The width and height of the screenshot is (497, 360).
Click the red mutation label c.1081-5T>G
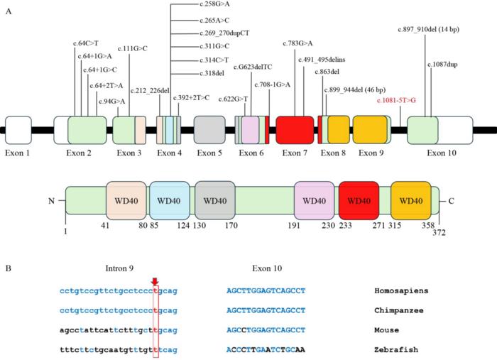[x=396, y=100]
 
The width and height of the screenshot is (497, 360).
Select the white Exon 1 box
[x=18, y=130]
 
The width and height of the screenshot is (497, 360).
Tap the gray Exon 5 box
[x=209, y=130]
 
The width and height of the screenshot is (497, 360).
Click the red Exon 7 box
[x=295, y=130]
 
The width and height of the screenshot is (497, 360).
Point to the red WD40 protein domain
[x=359, y=201]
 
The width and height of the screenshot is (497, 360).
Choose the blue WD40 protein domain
[x=170, y=201]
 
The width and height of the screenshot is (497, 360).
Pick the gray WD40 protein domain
[x=215, y=201]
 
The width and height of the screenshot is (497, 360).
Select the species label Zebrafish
[x=396, y=349]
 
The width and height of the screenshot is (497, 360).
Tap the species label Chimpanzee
[x=399, y=310]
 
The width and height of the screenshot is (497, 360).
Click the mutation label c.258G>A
[x=214, y=4]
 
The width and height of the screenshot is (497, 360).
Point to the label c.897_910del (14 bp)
[x=429, y=30]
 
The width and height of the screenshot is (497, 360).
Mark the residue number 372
[x=439, y=233]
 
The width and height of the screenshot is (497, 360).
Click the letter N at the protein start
[x=51, y=201]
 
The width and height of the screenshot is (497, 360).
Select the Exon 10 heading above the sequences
[x=267, y=268]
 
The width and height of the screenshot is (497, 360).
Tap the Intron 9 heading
[x=119, y=268]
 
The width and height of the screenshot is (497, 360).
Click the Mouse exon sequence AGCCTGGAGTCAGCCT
[x=266, y=330]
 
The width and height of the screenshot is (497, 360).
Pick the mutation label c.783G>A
[x=297, y=43]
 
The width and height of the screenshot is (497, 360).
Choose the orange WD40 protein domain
[x=411, y=201]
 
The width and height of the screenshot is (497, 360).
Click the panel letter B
[x=9, y=268]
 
